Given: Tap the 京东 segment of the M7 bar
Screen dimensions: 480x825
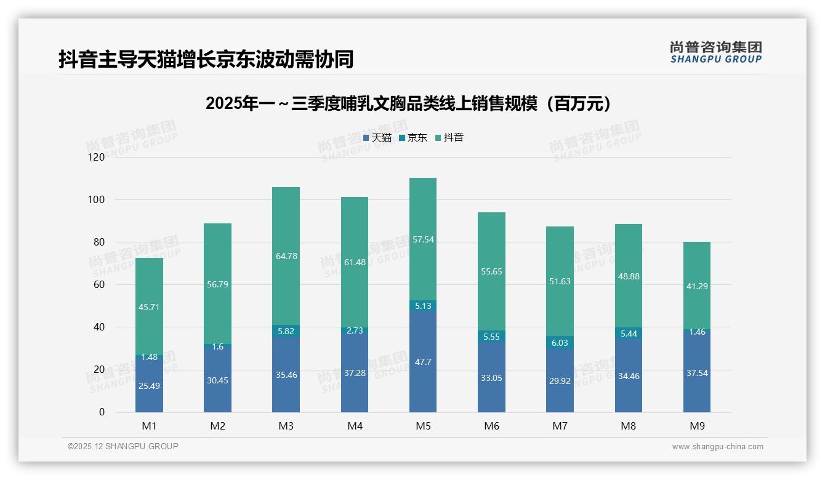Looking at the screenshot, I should click(x=560, y=343).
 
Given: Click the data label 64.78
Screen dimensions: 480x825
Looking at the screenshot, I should click(x=286, y=256).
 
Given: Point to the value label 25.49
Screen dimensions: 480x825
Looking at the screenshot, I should click(x=149, y=386).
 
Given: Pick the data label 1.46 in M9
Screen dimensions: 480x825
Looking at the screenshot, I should click(x=697, y=332).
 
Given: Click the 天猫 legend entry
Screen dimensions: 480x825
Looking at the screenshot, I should click(x=377, y=138).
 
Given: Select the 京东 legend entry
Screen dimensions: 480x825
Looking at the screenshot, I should click(x=413, y=138).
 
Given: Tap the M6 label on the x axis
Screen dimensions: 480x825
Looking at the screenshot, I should click(x=491, y=426).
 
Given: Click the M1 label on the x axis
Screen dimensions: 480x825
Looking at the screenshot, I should click(x=149, y=426).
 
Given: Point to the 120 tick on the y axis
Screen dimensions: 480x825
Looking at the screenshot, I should click(x=97, y=158).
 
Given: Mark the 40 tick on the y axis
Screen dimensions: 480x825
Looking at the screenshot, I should click(x=99, y=327).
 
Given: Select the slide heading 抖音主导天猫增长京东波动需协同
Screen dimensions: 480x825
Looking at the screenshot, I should click(x=206, y=60).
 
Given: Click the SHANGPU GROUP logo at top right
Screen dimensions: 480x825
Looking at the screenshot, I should click(x=715, y=52).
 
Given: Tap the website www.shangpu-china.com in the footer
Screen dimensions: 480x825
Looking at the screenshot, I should click(x=717, y=447).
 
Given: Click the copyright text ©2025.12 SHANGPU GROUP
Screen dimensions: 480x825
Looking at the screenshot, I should click(x=123, y=446).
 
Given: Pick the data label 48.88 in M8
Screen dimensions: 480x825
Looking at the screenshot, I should click(x=628, y=277).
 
